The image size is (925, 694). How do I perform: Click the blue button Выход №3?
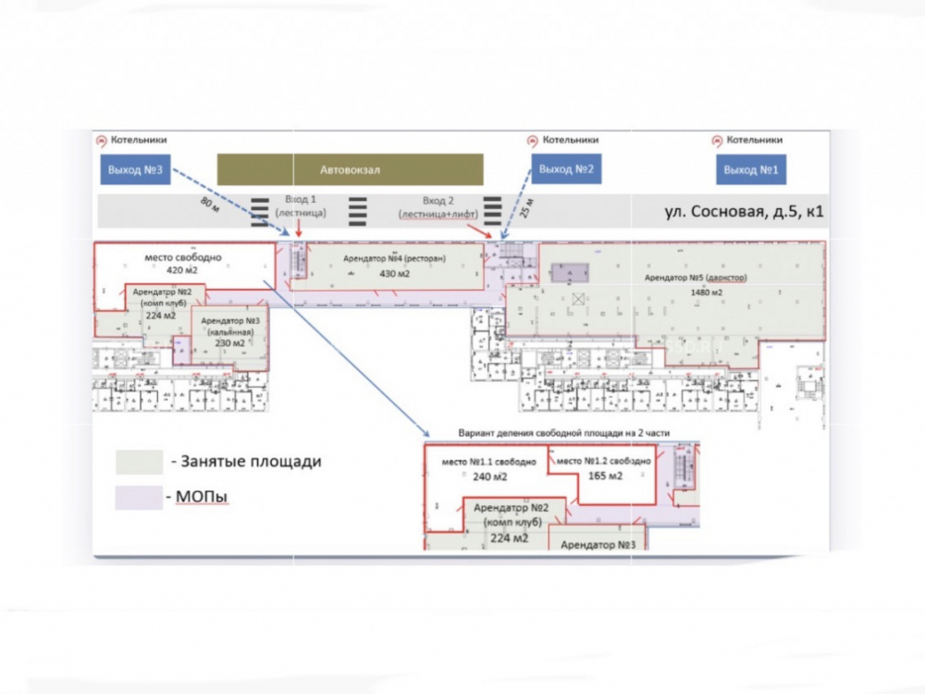click(x=135, y=170)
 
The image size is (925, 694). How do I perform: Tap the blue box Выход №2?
click(x=565, y=170)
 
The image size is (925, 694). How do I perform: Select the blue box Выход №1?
click(x=750, y=170)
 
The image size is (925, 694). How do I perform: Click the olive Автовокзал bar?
click(x=350, y=169)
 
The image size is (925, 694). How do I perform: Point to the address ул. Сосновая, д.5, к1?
click(x=744, y=212)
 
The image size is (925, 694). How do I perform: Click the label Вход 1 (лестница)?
click(x=300, y=206)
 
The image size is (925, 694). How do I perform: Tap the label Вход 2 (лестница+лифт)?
click(x=438, y=206)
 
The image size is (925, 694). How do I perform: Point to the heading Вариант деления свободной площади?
click(x=562, y=433)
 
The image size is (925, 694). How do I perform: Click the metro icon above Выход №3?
click(x=102, y=141)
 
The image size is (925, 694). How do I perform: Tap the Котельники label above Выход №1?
click(x=754, y=140)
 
